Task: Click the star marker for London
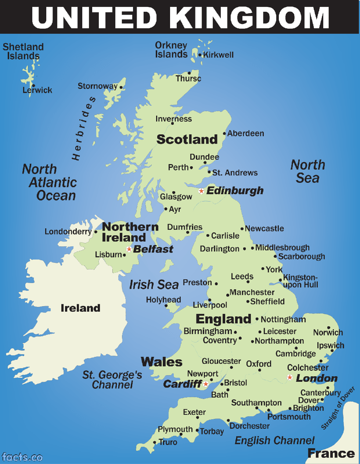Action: (290, 377)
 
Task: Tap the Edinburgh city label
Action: (235, 191)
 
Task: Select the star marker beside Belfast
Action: (129, 249)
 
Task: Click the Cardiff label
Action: (182, 384)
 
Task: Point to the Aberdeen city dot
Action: (224, 134)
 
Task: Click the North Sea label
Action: (308, 171)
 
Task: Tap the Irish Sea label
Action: (154, 284)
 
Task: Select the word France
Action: (331, 453)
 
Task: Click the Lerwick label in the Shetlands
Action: (37, 90)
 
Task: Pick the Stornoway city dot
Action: (121, 87)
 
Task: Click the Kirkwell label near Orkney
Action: (219, 55)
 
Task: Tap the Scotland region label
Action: (187, 139)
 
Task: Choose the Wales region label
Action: (162, 362)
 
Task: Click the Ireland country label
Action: (80, 308)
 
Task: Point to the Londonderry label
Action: (68, 232)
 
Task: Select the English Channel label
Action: (274, 441)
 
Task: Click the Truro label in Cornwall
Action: (168, 442)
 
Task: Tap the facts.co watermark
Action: (22, 457)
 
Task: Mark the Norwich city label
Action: (328, 333)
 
